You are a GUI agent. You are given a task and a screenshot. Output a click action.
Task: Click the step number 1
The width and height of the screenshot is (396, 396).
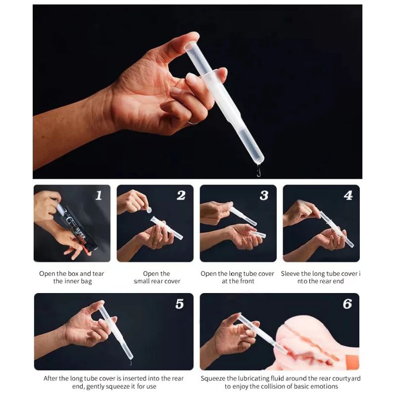99,195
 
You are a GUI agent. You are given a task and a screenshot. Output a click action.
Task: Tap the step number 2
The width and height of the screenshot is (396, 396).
181,195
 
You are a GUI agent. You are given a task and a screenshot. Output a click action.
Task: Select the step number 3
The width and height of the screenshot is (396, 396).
264,195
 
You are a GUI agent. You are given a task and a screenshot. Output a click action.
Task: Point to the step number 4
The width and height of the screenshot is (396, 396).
348,195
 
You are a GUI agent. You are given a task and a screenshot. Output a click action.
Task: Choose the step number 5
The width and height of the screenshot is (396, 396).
180,304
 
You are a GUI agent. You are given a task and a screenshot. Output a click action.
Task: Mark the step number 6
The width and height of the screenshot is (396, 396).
347,304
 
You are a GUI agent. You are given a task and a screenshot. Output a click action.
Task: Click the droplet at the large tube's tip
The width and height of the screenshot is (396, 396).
258,170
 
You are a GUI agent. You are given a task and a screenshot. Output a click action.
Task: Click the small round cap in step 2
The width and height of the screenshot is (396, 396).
149,210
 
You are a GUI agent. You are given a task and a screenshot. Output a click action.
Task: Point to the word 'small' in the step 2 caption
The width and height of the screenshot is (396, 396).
142,281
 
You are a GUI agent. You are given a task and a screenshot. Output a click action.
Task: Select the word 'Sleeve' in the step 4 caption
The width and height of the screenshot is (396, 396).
290,274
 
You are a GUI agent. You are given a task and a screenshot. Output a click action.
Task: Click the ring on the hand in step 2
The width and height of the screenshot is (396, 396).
155,243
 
